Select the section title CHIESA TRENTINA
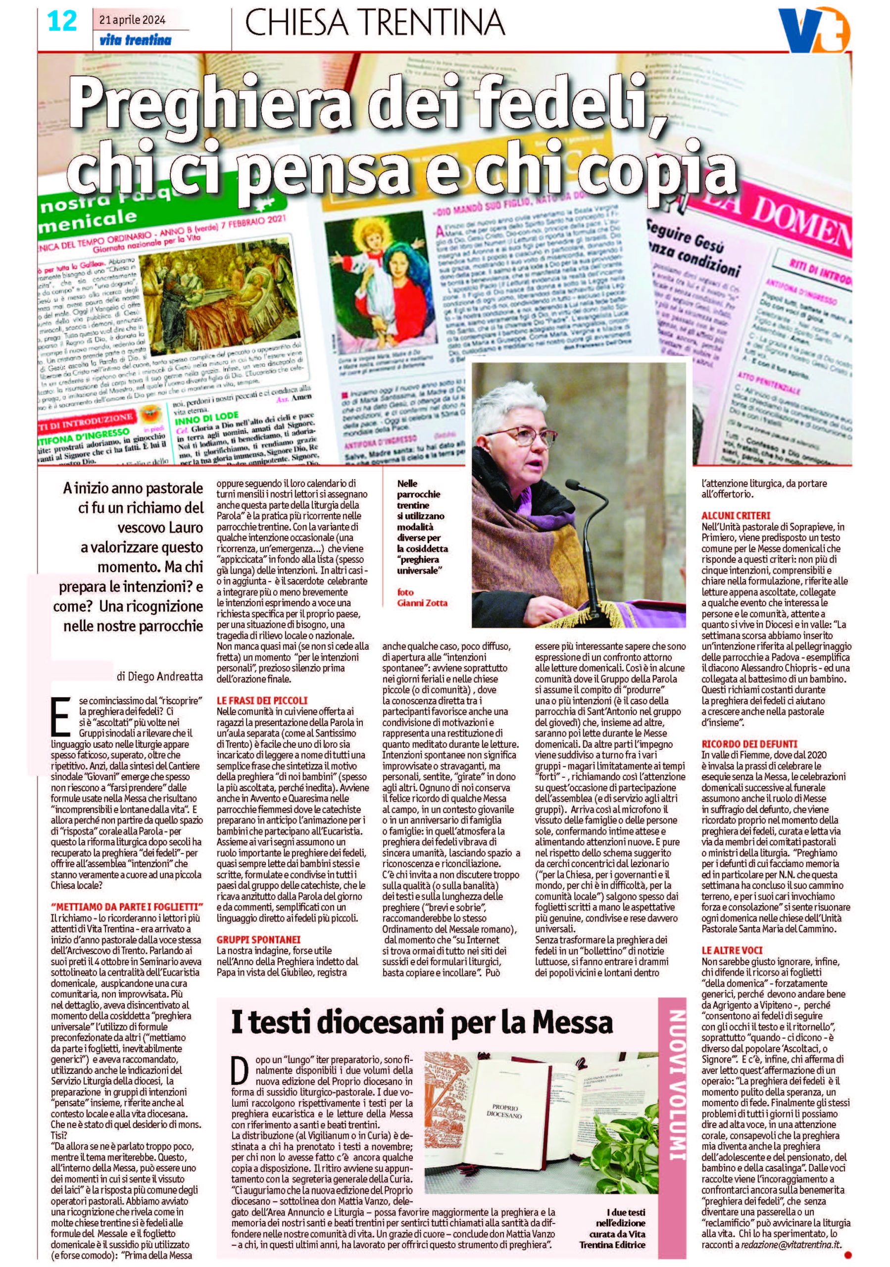(374, 24)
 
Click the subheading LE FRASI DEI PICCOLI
(261, 700)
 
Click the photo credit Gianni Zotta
(423, 603)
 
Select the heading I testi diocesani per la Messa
(422, 1023)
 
